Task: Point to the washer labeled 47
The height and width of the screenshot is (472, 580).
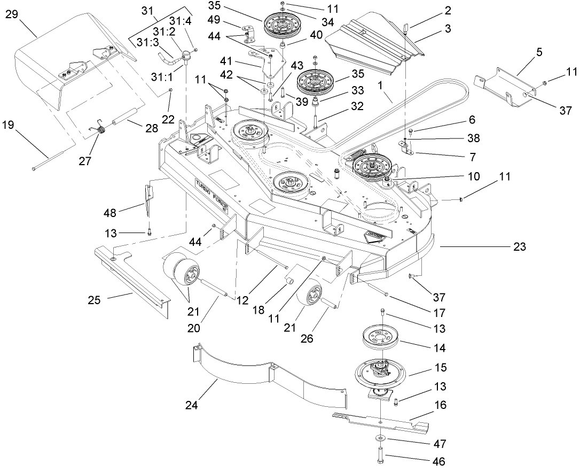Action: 379,438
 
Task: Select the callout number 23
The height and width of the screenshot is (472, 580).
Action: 519,247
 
